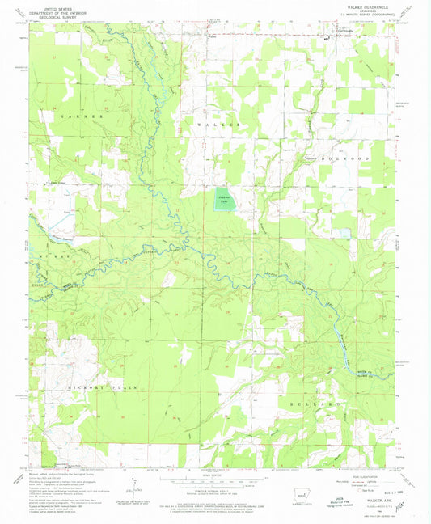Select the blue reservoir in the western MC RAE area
pyautogui.click(x=58, y=236)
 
